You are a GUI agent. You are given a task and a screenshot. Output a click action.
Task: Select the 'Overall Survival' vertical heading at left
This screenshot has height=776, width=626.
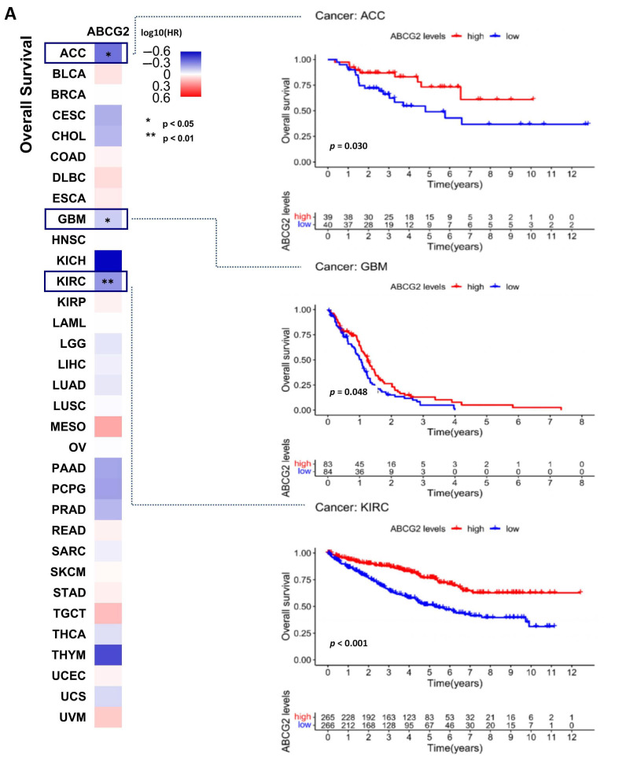(x=28, y=94)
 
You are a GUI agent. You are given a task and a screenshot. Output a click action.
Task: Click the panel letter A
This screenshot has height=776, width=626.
(x=10, y=13)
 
